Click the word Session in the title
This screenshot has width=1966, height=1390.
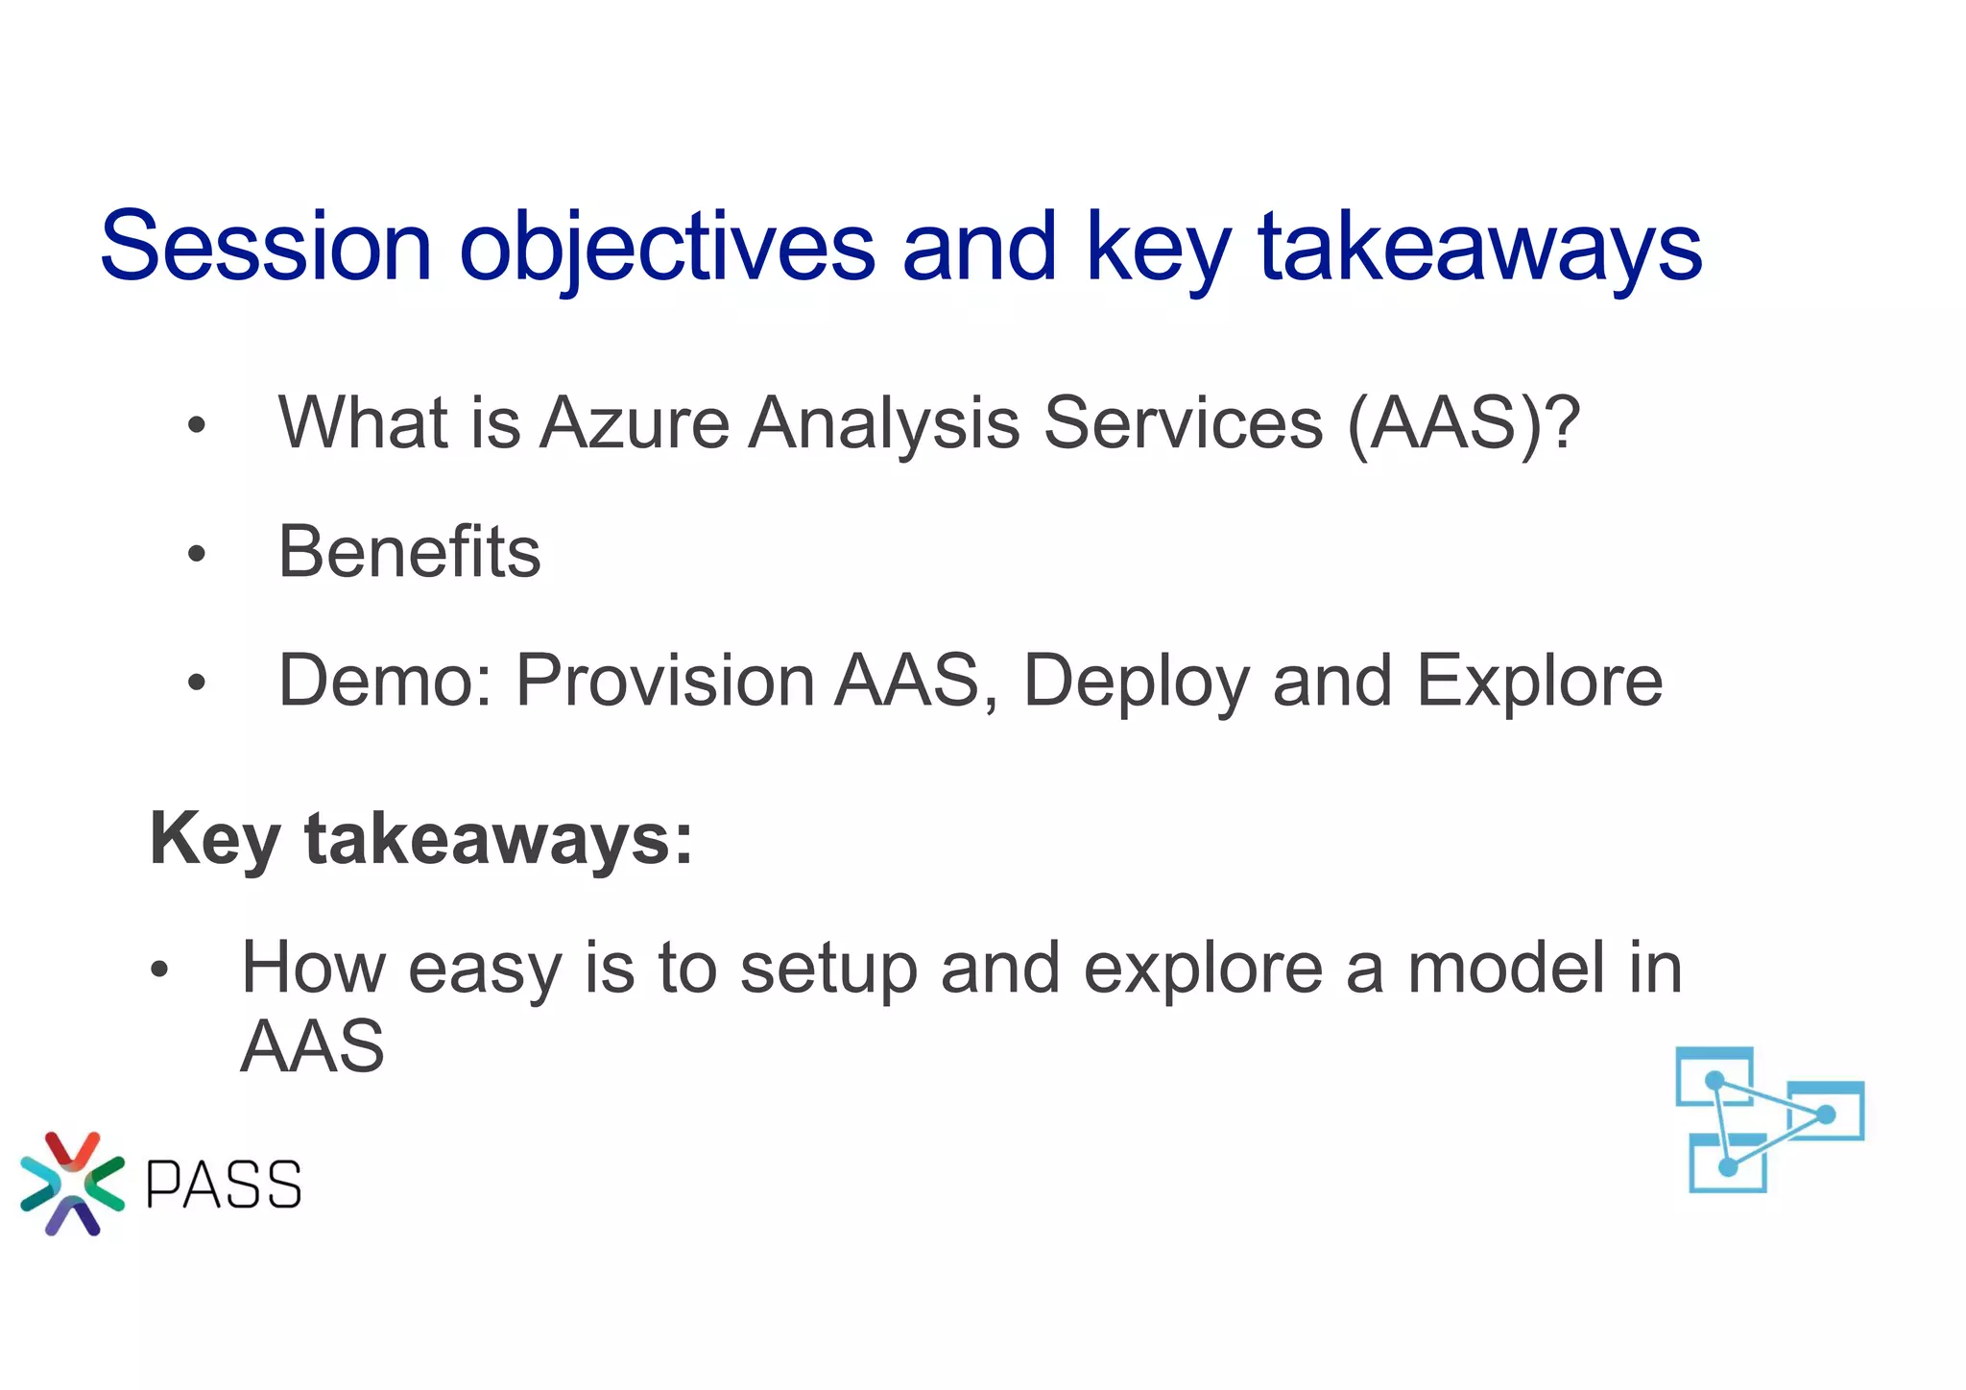[266, 247]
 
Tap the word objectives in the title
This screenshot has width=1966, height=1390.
[666, 247]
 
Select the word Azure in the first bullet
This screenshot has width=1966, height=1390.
[635, 423]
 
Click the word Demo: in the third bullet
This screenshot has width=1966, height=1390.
[385, 681]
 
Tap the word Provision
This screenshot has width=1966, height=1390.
[665, 681]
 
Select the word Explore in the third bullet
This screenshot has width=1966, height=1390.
[1539, 681]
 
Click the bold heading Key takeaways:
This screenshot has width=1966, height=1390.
[421, 839]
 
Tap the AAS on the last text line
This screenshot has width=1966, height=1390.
[312, 1046]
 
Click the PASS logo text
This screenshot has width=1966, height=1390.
[224, 1185]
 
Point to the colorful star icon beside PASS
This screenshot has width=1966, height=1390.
[72, 1184]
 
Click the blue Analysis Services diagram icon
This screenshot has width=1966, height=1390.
[1769, 1119]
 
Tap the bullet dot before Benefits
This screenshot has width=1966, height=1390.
[197, 554]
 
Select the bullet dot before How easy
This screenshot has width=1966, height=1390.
[159, 970]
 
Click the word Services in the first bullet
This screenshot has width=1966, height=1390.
[1183, 423]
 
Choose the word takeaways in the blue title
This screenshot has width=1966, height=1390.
[1479, 247]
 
